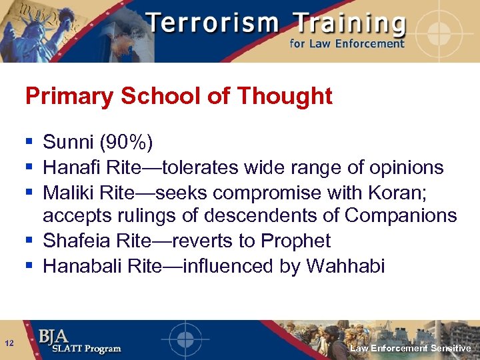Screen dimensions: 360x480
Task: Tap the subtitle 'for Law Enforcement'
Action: click(347, 43)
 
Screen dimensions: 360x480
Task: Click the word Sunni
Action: click(69, 142)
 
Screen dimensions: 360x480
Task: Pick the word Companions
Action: click(401, 216)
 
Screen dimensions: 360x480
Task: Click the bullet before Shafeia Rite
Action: click(29, 240)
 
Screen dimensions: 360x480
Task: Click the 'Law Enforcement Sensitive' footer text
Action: click(411, 349)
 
